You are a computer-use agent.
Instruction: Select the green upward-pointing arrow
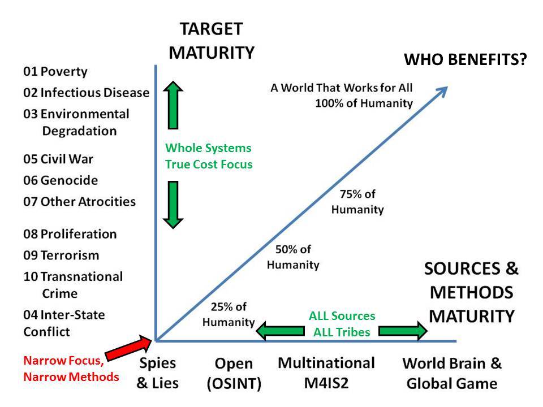pos(174,106)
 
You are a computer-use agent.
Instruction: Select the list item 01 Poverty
pos(55,72)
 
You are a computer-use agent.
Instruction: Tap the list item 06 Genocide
pos(61,180)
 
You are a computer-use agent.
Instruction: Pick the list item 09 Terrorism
pos(61,255)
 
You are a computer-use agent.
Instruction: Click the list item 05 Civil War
pos(58,159)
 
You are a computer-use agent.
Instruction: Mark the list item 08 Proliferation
pos(70,234)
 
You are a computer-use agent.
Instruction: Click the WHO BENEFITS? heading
pos(464,60)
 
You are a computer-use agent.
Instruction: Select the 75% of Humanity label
pos(357,202)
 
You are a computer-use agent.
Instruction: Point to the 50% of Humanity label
pos(293,257)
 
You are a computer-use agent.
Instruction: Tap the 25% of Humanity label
pos(229,315)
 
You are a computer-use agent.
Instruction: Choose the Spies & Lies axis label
pos(157,373)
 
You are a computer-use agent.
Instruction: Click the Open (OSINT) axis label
pos(234,374)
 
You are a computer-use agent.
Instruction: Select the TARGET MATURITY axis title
pos(212,41)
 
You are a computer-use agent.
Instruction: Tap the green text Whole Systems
pos(208,148)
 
